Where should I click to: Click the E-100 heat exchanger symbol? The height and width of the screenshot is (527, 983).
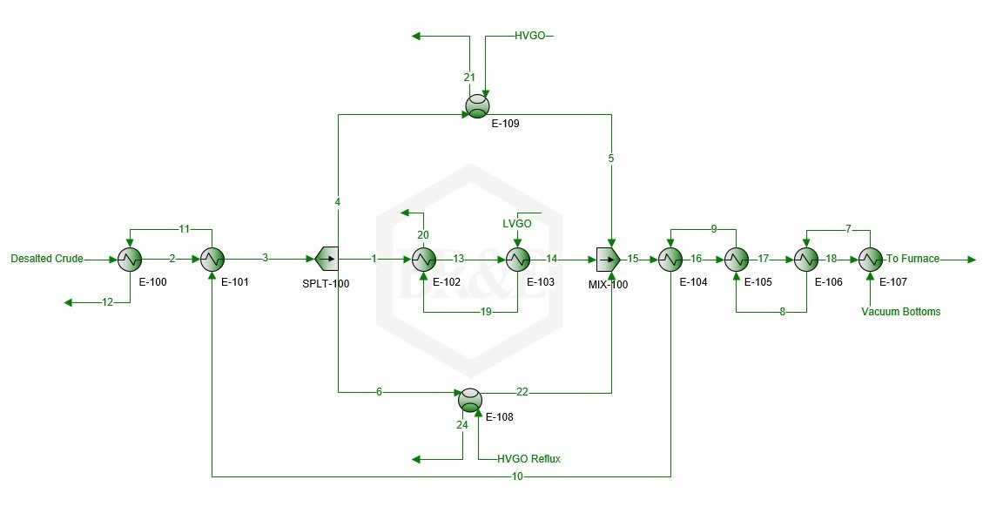pos(130,259)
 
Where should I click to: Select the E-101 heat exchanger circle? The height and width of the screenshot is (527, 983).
pos(212,259)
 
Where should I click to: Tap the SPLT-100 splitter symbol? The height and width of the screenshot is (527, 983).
pos(327,259)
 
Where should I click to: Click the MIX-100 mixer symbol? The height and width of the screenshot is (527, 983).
pos(608,259)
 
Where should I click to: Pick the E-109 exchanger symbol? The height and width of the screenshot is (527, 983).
pos(478,106)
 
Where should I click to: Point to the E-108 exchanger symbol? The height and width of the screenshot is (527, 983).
pos(470,400)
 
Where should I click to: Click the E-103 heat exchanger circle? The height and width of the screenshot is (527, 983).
pos(518,259)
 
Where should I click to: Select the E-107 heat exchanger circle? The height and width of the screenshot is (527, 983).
pos(870,259)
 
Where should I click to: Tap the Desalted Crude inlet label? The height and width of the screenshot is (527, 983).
pos(47,259)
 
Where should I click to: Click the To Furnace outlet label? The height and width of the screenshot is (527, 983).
pos(912,259)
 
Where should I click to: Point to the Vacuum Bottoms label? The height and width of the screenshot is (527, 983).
pos(901,312)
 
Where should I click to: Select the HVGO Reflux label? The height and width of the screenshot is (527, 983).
pos(529,459)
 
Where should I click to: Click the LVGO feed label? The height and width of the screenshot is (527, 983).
pos(517,224)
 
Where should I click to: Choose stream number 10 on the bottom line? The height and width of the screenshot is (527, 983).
pos(517,476)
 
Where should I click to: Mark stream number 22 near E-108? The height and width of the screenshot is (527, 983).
pos(522,392)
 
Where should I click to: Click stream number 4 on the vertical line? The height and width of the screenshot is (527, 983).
pos(338,202)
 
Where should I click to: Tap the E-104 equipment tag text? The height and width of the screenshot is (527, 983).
pos(693,282)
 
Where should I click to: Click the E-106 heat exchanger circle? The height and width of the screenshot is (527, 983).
pos(806,259)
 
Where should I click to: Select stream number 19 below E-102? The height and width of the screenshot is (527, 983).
pos(486,312)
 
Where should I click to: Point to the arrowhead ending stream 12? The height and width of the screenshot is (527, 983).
pos(68,302)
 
